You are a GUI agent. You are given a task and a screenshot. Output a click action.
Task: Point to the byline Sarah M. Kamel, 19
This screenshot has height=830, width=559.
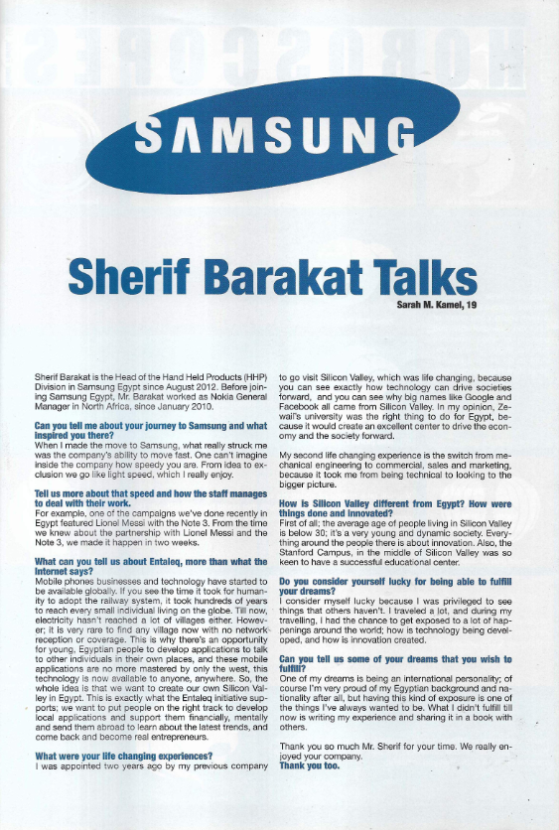tap(435, 305)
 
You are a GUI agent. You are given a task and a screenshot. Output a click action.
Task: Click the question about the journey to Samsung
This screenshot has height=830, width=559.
tap(150, 430)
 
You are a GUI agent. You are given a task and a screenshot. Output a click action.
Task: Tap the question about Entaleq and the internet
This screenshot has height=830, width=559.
tap(149, 566)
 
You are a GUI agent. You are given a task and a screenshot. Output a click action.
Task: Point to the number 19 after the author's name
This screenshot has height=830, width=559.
tap(471, 305)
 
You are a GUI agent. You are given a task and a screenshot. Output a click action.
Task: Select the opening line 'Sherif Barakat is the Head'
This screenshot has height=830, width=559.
tap(149, 378)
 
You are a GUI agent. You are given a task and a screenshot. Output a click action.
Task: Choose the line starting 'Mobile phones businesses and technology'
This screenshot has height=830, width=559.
tap(149, 581)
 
